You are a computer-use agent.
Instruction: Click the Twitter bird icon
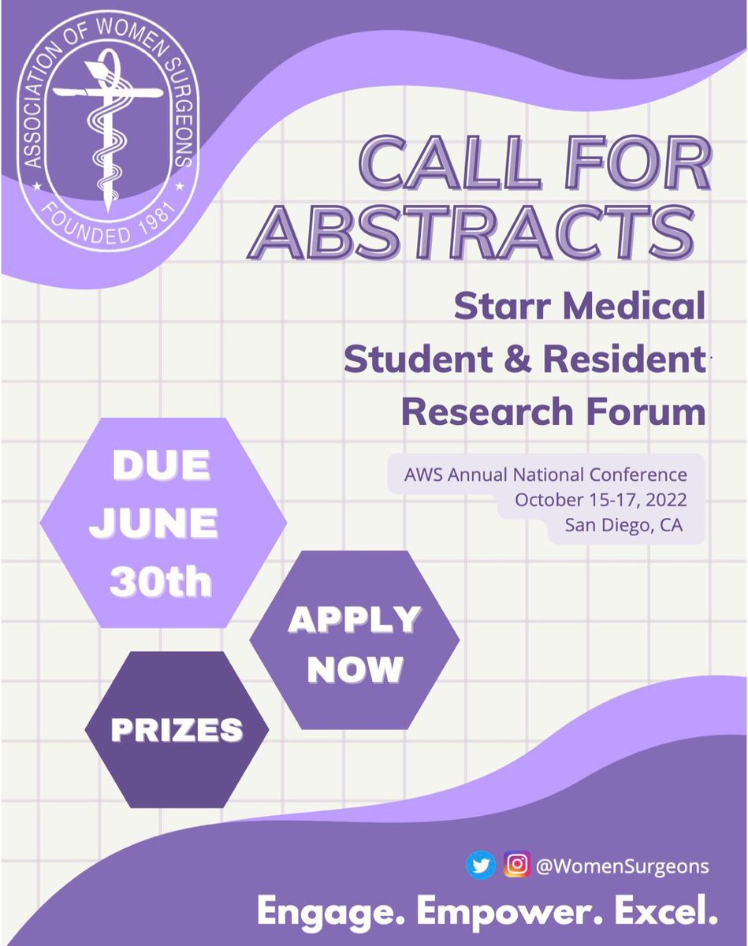coord(481,866)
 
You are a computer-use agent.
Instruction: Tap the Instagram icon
coord(515,866)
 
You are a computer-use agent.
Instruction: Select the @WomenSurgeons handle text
coord(622,866)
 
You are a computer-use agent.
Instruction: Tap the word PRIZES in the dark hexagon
coord(177,730)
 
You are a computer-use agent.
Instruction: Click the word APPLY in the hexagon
coord(354,621)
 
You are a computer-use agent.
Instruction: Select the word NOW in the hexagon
coord(355,669)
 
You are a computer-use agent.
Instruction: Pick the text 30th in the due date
coord(161,581)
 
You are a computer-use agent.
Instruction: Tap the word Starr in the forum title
coord(498,306)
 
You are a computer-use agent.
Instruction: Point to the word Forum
coord(645,412)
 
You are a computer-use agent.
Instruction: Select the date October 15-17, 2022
coord(600,501)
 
